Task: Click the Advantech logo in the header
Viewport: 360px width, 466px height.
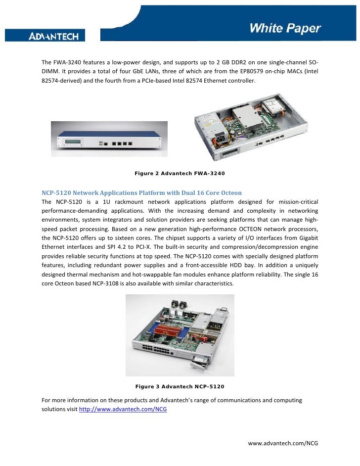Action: click(57, 36)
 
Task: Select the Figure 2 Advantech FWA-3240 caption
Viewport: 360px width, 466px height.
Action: click(180, 174)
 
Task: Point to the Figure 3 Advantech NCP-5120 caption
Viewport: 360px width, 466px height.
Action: click(180, 386)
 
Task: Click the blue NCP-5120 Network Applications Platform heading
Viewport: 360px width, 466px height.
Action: click(141, 192)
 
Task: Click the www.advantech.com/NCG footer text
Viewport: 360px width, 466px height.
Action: click(283, 444)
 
